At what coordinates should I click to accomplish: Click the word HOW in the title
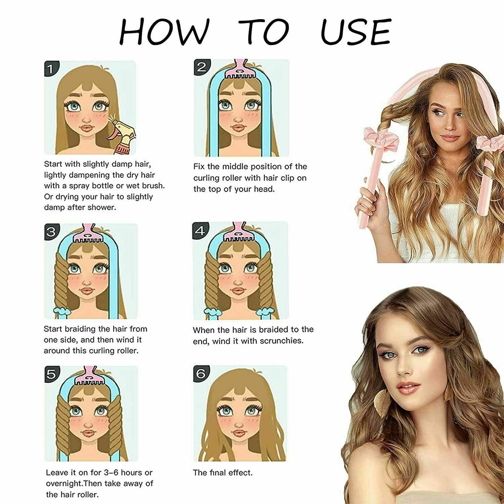point(164,32)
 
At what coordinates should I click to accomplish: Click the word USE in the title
point(356,32)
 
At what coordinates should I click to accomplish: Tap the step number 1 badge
point(51,69)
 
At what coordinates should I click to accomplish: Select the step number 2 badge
point(201,67)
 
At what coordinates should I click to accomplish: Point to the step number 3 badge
point(51,232)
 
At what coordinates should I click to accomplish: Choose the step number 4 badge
point(200,231)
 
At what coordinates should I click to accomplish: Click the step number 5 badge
point(51,374)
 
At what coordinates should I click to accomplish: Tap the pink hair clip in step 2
point(240,70)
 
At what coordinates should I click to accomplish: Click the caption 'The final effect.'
point(223,473)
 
